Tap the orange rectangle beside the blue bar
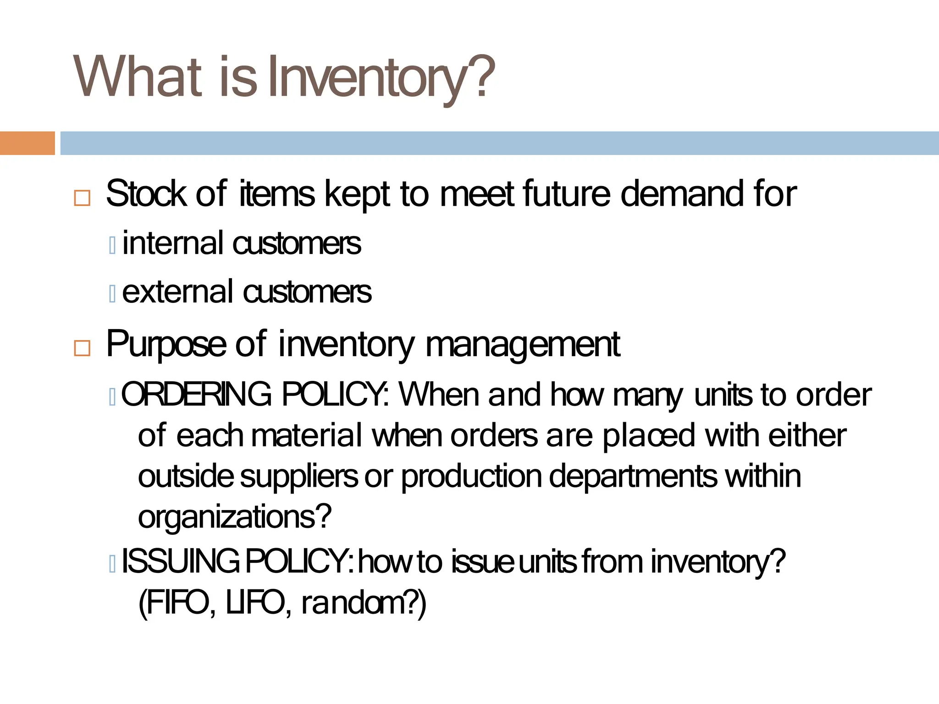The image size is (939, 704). click(27, 143)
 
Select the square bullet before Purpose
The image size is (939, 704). click(82, 348)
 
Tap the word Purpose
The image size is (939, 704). click(166, 345)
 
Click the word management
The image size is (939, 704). click(523, 345)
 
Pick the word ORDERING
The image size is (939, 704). click(197, 394)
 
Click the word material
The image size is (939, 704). click(307, 435)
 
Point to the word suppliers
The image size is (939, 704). click(299, 477)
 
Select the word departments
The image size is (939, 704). click(633, 477)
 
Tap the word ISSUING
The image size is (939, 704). click(180, 562)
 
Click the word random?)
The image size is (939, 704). click(364, 603)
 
